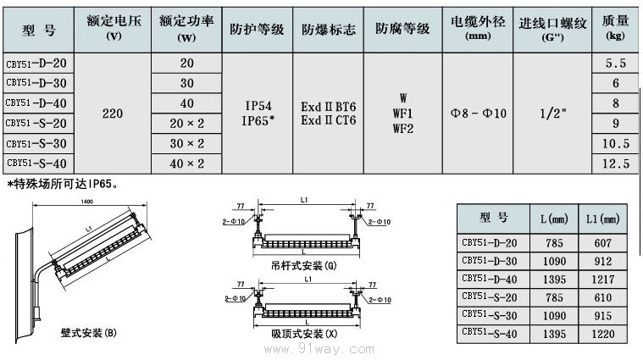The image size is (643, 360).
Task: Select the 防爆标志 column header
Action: click(329, 28)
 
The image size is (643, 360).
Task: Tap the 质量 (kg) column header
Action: click(616, 28)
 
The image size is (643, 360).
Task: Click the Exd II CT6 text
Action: click(329, 119)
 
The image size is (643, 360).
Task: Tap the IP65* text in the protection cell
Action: click(258, 119)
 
